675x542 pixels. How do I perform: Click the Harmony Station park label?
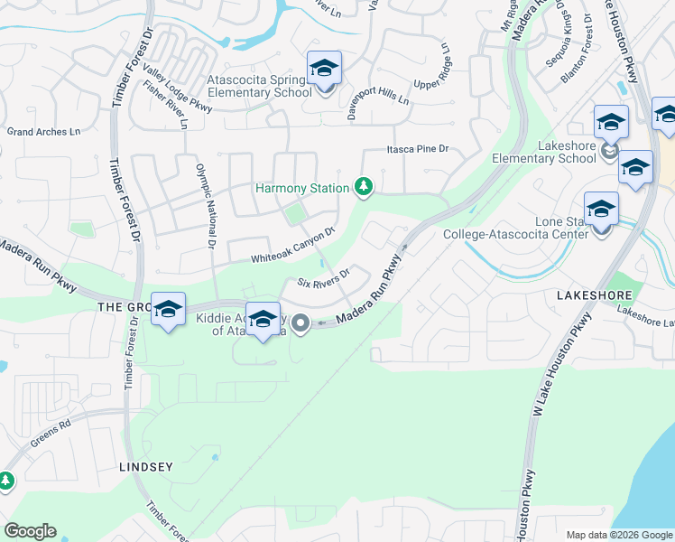point(301,188)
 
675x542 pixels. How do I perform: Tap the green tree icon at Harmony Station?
point(364,187)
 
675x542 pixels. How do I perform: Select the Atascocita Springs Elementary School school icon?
point(325,68)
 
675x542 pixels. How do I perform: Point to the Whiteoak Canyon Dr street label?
point(292,245)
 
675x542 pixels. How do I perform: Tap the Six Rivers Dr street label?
point(324,276)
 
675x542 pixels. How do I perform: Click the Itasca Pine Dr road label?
point(418,150)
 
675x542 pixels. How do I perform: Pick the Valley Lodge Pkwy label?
point(178,95)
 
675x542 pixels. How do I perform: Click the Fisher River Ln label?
point(165,106)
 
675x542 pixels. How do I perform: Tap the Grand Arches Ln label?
point(43,132)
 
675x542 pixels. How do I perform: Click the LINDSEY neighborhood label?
point(145,467)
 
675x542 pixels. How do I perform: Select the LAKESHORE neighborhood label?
point(591,295)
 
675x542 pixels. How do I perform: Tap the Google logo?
point(30,531)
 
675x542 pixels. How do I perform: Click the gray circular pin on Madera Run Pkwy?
point(301,322)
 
